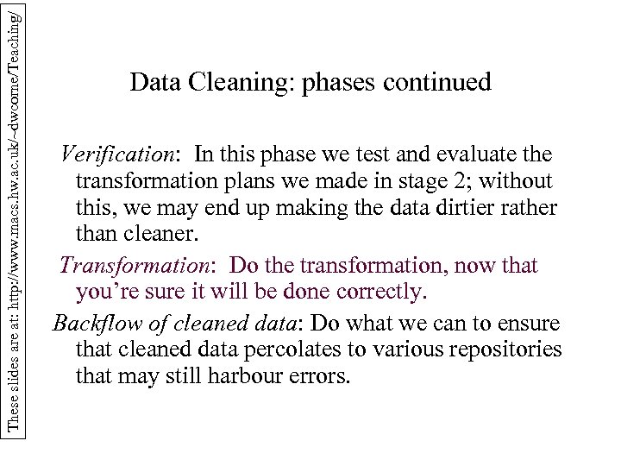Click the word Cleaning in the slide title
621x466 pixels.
pyautogui.click(x=229, y=83)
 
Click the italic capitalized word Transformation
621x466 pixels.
pyautogui.click(x=141, y=264)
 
